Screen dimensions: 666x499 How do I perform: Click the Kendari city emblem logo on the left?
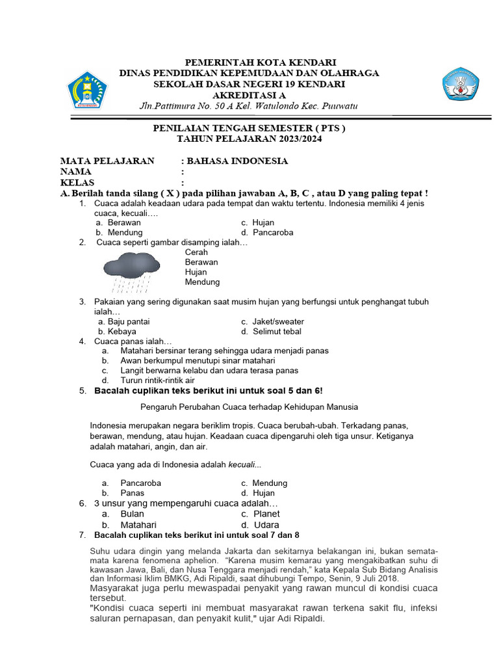[x=86, y=90]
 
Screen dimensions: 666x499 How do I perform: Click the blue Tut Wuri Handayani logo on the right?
[x=462, y=83]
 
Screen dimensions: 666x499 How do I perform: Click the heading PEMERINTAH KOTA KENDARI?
[x=249, y=63]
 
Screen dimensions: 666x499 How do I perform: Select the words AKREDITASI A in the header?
[x=249, y=95]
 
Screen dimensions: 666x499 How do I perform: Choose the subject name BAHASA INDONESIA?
[x=238, y=161]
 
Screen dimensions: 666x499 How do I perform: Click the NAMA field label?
[x=76, y=172]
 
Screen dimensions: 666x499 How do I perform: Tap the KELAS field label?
[x=77, y=183]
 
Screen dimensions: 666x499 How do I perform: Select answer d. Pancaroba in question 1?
[x=267, y=232]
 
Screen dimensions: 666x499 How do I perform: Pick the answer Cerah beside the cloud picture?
[x=196, y=252]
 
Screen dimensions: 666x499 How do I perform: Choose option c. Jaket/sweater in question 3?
[x=272, y=321]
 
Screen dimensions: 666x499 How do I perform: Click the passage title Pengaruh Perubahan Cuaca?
[x=249, y=407]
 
